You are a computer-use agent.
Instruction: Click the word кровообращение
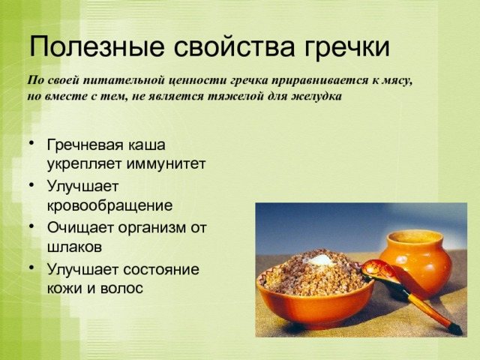pyautogui.click(x=109, y=205)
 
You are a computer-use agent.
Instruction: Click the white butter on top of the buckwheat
pyautogui.click(x=321, y=259)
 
